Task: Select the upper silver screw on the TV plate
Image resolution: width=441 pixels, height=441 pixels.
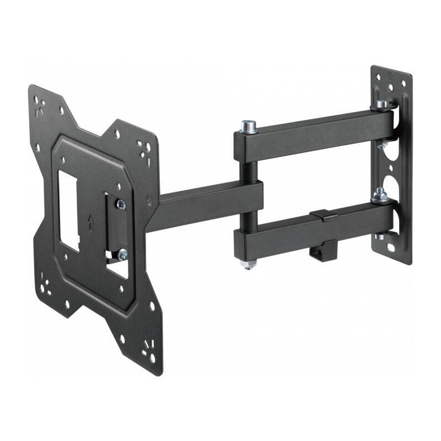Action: pos(120,205)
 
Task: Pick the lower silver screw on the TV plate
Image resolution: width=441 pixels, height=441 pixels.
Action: pos(122,254)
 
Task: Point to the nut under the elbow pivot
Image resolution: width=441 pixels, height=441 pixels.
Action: pos(249,265)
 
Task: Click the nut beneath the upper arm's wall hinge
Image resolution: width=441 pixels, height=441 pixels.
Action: pos(381,145)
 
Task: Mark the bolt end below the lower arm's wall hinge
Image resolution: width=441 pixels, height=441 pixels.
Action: pos(380,236)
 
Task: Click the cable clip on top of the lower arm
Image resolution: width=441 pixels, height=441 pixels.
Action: pos(324,215)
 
